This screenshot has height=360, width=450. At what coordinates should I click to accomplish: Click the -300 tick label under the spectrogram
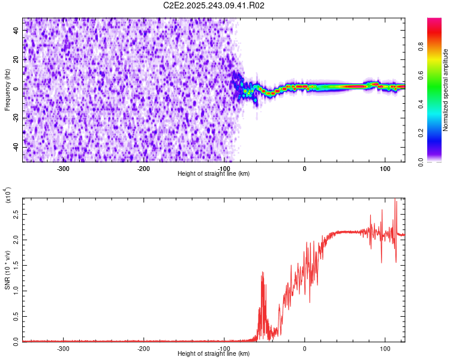63,168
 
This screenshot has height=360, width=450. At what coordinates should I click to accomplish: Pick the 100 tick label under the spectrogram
385,168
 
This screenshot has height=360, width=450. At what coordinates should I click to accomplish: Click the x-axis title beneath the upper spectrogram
214,174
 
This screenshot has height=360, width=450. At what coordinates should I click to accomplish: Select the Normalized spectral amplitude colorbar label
446,90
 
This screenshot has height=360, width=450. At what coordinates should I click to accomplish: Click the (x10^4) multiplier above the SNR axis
8,196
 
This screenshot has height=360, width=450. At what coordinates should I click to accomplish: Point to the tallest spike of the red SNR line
395,199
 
